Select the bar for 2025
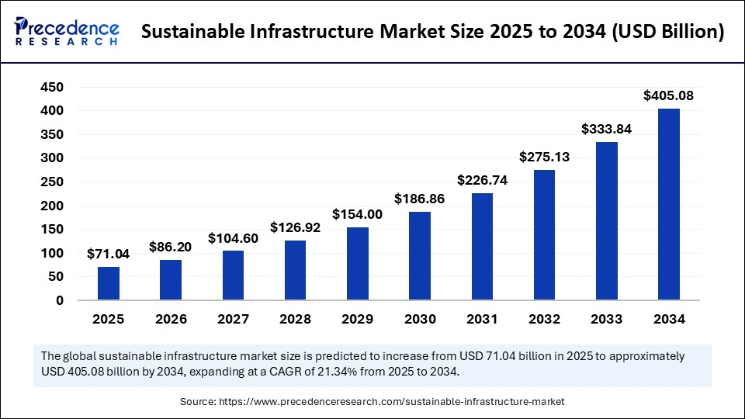tap(109, 283)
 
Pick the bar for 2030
tap(420, 256)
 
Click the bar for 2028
tap(296, 270)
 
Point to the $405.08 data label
tap(669, 96)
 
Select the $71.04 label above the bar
tap(109, 254)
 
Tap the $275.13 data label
tap(545, 157)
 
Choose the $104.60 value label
tap(234, 238)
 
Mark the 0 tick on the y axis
tap(59, 300)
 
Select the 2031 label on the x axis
tap(482, 319)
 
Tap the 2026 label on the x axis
tap(171, 319)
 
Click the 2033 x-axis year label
tap(607, 319)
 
